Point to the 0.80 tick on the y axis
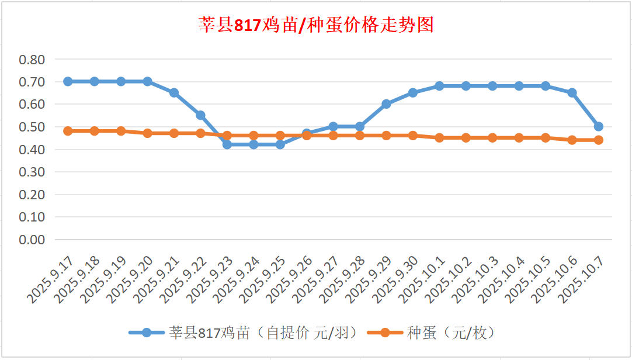pos(32,59)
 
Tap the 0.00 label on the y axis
pos(32,240)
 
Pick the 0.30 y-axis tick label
pos(32,172)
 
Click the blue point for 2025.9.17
pos(68,81)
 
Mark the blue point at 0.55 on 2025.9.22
pos(200,115)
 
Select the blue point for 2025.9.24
pos(254,144)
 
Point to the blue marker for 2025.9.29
pos(386,104)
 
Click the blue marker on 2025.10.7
pos(598,126)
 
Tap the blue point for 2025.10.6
pos(572,92)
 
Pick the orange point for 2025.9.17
pos(68,131)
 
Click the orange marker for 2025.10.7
pos(598,140)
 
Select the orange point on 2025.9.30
pos(413,136)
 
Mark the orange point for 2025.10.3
pos(492,138)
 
